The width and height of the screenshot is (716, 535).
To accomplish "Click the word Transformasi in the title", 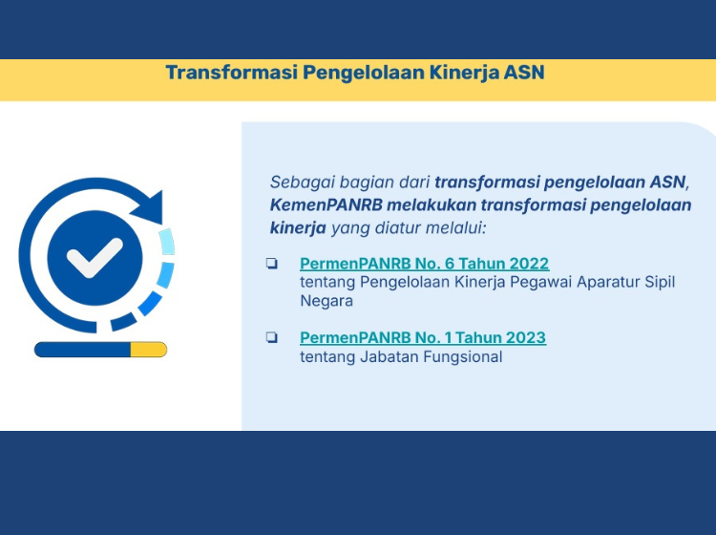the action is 232,73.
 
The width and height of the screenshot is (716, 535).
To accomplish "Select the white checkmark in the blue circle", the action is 95,257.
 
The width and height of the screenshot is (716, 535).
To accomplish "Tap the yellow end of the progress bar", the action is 148,350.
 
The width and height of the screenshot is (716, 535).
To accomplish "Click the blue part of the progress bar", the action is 83,350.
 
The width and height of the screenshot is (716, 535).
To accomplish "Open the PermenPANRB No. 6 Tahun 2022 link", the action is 424,264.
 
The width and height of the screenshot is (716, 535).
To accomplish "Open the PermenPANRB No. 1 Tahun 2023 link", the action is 423,337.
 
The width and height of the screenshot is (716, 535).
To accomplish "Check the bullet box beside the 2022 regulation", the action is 272,263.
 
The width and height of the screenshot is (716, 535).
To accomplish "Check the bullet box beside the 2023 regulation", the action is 272,337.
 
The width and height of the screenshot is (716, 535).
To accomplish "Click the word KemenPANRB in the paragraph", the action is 326,204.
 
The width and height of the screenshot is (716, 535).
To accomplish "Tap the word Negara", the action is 326,302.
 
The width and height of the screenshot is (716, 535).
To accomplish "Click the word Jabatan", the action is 390,356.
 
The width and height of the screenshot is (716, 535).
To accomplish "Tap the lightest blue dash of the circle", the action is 167,242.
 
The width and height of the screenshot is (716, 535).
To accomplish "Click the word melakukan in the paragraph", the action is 432,204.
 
